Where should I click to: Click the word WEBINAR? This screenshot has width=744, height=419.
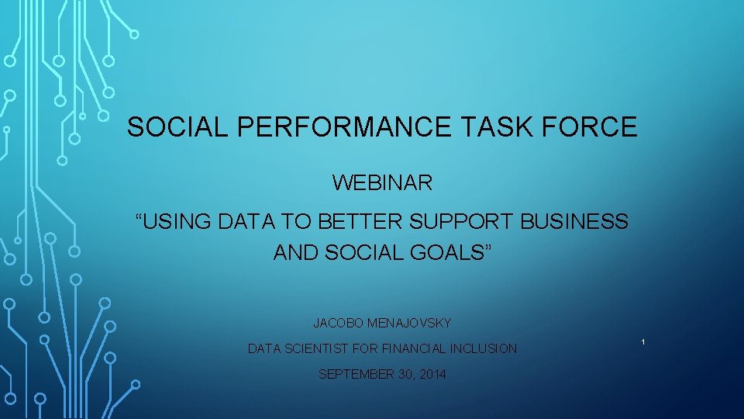(x=383, y=183)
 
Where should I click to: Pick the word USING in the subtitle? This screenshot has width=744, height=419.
(x=174, y=222)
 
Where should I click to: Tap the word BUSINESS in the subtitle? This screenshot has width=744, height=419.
(x=574, y=222)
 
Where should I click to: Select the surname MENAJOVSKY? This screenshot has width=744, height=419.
(x=410, y=323)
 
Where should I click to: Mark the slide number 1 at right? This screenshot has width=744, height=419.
(x=643, y=342)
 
